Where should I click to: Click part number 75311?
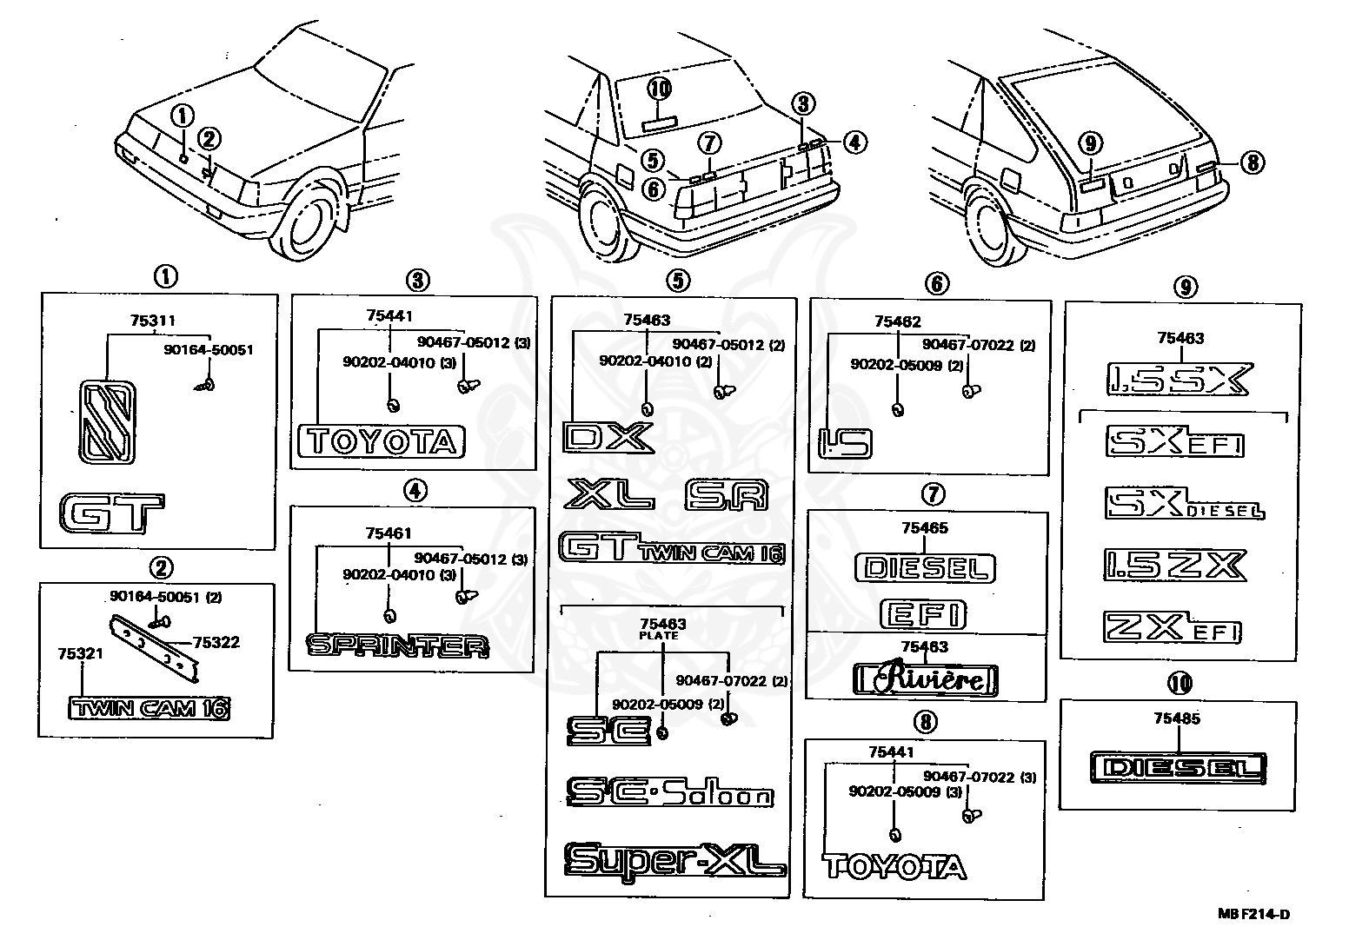(x=153, y=321)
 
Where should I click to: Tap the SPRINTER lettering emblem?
(x=397, y=645)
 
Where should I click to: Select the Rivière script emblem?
(x=926, y=680)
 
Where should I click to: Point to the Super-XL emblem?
(x=675, y=861)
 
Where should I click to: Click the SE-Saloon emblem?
(x=669, y=792)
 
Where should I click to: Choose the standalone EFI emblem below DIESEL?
(x=922, y=614)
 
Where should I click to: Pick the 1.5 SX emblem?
(x=1180, y=379)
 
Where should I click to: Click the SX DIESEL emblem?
(x=1185, y=503)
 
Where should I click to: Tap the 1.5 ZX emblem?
(x=1175, y=565)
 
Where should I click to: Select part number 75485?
(x=1177, y=718)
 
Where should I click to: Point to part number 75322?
(x=216, y=643)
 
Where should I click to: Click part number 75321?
(x=81, y=653)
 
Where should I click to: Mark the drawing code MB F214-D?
(x=1254, y=915)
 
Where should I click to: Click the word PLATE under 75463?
(x=658, y=635)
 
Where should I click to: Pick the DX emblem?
(x=608, y=438)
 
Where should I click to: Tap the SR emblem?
(x=727, y=494)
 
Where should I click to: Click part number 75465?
(x=925, y=527)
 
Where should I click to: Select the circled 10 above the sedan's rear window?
(x=660, y=89)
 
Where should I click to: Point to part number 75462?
(x=898, y=321)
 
